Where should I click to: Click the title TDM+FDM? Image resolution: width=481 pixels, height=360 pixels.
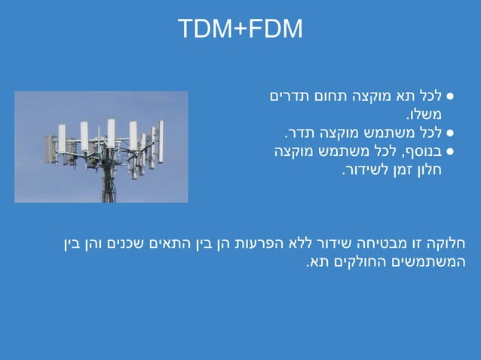coord(240,29)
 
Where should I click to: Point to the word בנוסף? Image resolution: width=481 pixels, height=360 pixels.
coord(419,151)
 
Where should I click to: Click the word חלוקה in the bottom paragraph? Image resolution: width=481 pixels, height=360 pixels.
coord(448,244)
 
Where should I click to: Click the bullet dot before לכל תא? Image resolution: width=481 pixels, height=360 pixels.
coord(450,98)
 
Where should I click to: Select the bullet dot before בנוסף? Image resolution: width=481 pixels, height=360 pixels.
coord(450,151)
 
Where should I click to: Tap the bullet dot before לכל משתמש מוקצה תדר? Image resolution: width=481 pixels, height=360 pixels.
coord(450,133)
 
